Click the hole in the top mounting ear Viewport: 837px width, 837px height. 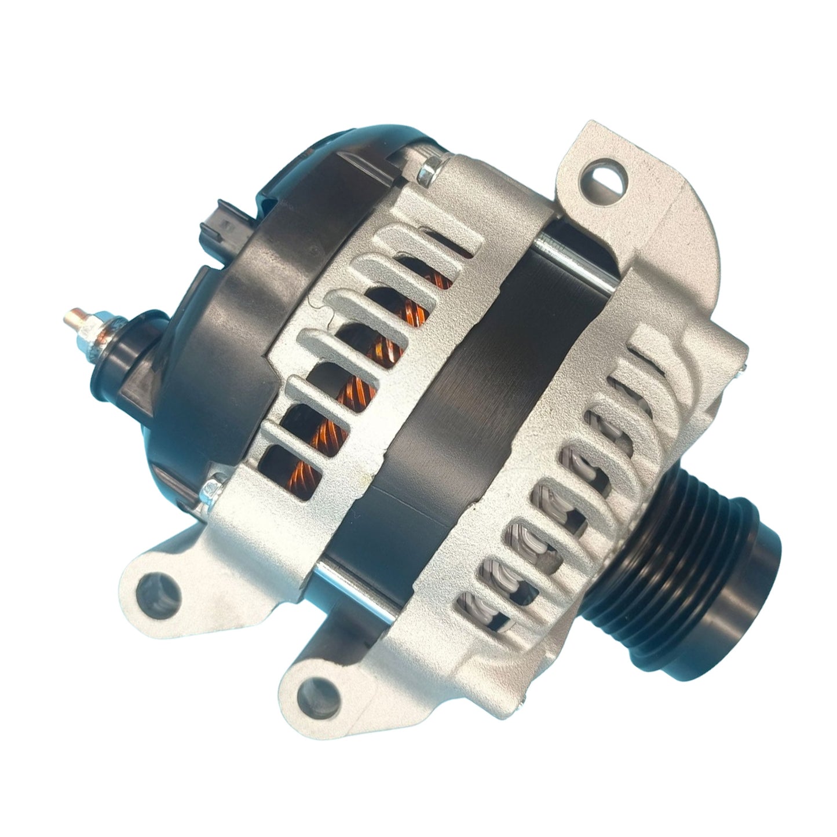coord(608,179)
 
